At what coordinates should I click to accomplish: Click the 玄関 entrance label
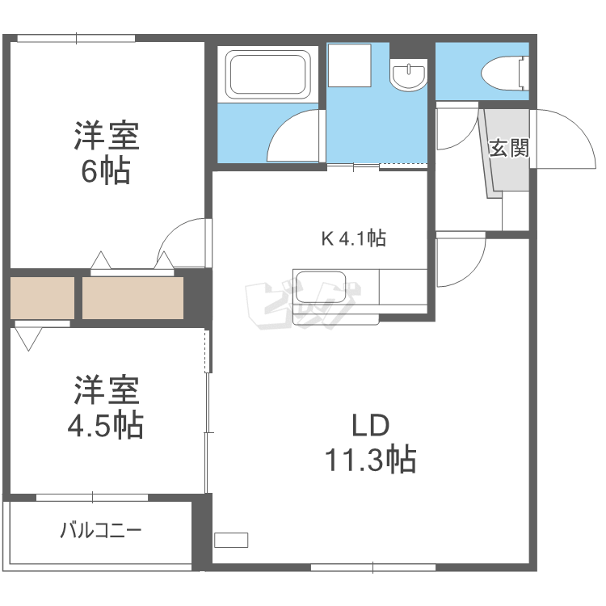pyautogui.click(x=509, y=149)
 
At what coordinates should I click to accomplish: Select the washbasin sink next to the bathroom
pyautogui.click(x=408, y=76)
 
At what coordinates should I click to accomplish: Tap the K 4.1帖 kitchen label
pyautogui.click(x=353, y=238)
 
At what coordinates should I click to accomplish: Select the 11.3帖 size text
pyautogui.click(x=370, y=459)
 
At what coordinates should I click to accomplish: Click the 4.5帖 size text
pyautogui.click(x=106, y=423)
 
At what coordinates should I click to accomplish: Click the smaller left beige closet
pyautogui.click(x=42, y=297)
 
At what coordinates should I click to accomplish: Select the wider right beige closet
pyautogui.click(x=133, y=297)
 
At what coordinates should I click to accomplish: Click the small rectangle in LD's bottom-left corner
pyautogui.click(x=232, y=541)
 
